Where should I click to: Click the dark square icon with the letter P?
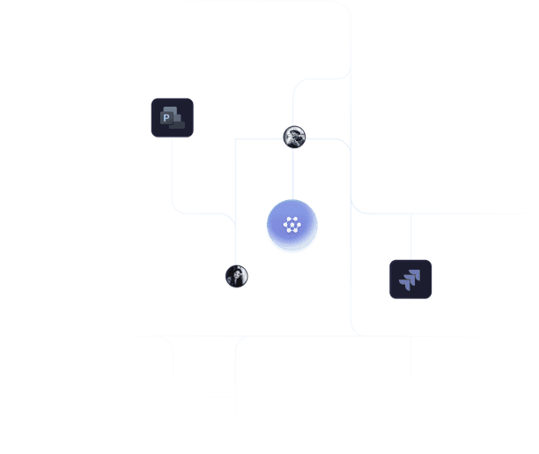coord(172,118)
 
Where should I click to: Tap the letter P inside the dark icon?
coord(166,116)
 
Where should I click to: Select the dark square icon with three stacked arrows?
coord(410,279)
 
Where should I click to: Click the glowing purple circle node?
coord(292,226)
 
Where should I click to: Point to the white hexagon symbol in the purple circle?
coord(292,225)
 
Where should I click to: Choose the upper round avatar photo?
coord(294,137)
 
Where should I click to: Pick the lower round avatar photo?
coord(236,276)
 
